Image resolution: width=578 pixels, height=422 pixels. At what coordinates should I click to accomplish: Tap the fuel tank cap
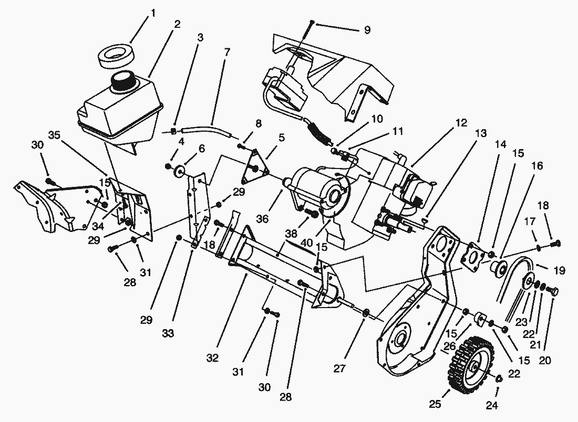(x=124, y=81)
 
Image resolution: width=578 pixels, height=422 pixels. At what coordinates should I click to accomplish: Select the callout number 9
(x=367, y=29)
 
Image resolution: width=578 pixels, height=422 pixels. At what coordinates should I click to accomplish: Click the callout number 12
(x=461, y=124)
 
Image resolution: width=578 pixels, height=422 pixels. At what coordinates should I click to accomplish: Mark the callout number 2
(x=177, y=24)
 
